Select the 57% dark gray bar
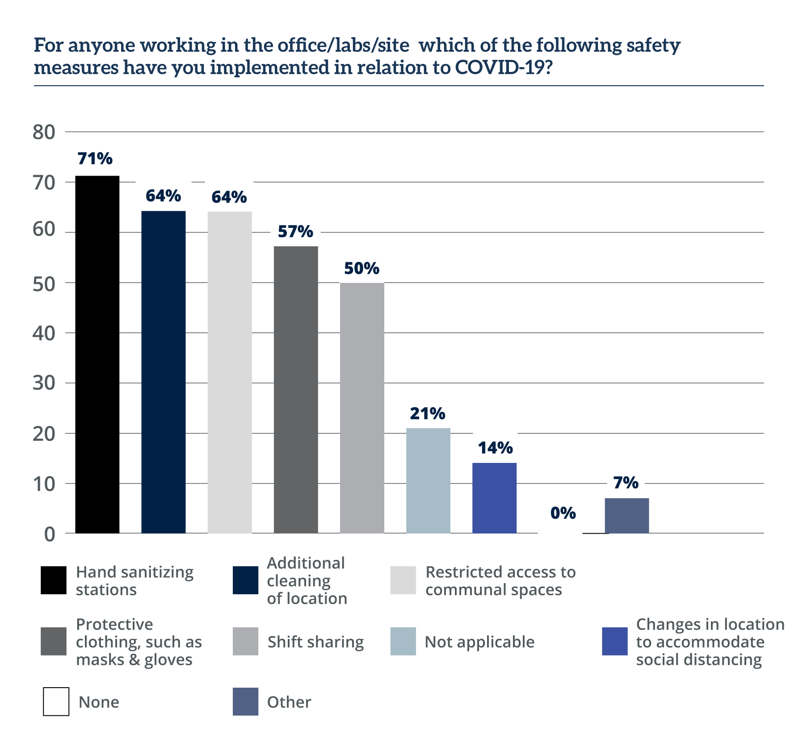296,389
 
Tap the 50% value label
361,268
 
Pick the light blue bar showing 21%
428,480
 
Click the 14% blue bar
495,498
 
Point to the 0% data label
563,513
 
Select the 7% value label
626,483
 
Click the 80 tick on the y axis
43,132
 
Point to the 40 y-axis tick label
43,333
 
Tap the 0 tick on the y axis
49,534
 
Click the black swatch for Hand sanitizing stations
54,580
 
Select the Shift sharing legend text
315,642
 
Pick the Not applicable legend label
479,642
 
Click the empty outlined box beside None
56,702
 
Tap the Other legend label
289,702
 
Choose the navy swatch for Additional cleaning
246,580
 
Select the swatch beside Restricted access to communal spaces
403,580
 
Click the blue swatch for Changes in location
614,642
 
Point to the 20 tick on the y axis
43,433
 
